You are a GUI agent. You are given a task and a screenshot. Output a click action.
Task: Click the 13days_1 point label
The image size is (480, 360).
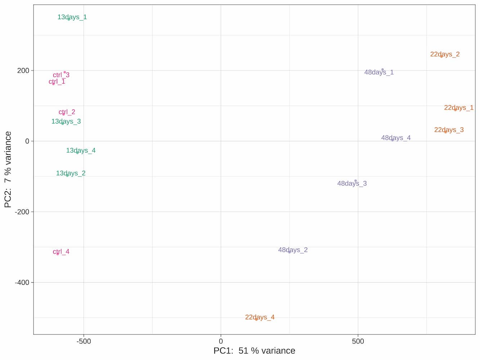(72, 17)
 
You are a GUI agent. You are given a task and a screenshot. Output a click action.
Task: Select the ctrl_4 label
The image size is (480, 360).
(61, 252)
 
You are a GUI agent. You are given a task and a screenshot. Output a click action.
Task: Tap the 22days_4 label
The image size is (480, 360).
(260, 317)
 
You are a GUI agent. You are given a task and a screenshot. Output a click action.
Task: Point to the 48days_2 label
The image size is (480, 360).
(293, 250)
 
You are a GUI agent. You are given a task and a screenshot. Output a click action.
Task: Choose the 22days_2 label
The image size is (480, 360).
(445, 54)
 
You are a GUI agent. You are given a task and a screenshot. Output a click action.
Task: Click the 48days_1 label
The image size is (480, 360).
(379, 72)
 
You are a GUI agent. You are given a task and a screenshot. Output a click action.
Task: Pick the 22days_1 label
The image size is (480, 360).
(458, 108)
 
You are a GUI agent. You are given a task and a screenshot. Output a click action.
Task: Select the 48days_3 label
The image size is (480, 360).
(352, 184)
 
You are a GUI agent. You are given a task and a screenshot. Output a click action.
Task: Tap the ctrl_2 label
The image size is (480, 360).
(67, 112)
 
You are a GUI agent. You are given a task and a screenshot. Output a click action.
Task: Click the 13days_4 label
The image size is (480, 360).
(81, 150)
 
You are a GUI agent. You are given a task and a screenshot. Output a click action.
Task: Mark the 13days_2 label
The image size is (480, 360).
(71, 173)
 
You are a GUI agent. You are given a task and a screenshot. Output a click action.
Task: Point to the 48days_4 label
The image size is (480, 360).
(396, 138)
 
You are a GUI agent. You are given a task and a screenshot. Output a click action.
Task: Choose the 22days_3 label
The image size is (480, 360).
(449, 130)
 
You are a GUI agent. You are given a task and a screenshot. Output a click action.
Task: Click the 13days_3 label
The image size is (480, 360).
(66, 121)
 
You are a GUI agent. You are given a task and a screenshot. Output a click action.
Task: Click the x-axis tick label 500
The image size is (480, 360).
(358, 341)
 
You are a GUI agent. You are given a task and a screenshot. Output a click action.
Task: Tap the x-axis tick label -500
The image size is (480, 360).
(84, 341)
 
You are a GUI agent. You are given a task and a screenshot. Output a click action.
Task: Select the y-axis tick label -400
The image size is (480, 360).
(22, 283)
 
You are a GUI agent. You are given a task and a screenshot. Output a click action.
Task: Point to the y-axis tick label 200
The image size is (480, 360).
(23, 71)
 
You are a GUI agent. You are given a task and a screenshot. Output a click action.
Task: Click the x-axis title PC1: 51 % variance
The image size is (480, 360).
(254, 351)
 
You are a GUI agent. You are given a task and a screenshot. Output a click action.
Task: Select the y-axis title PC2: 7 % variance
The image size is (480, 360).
(8, 170)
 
